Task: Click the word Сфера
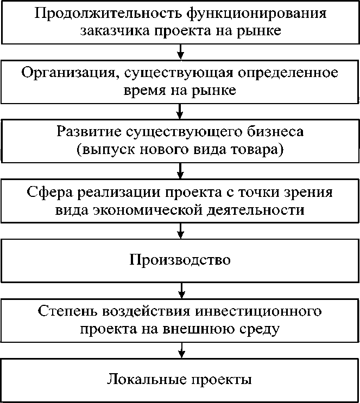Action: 52,193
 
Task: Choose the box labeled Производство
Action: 180,259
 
